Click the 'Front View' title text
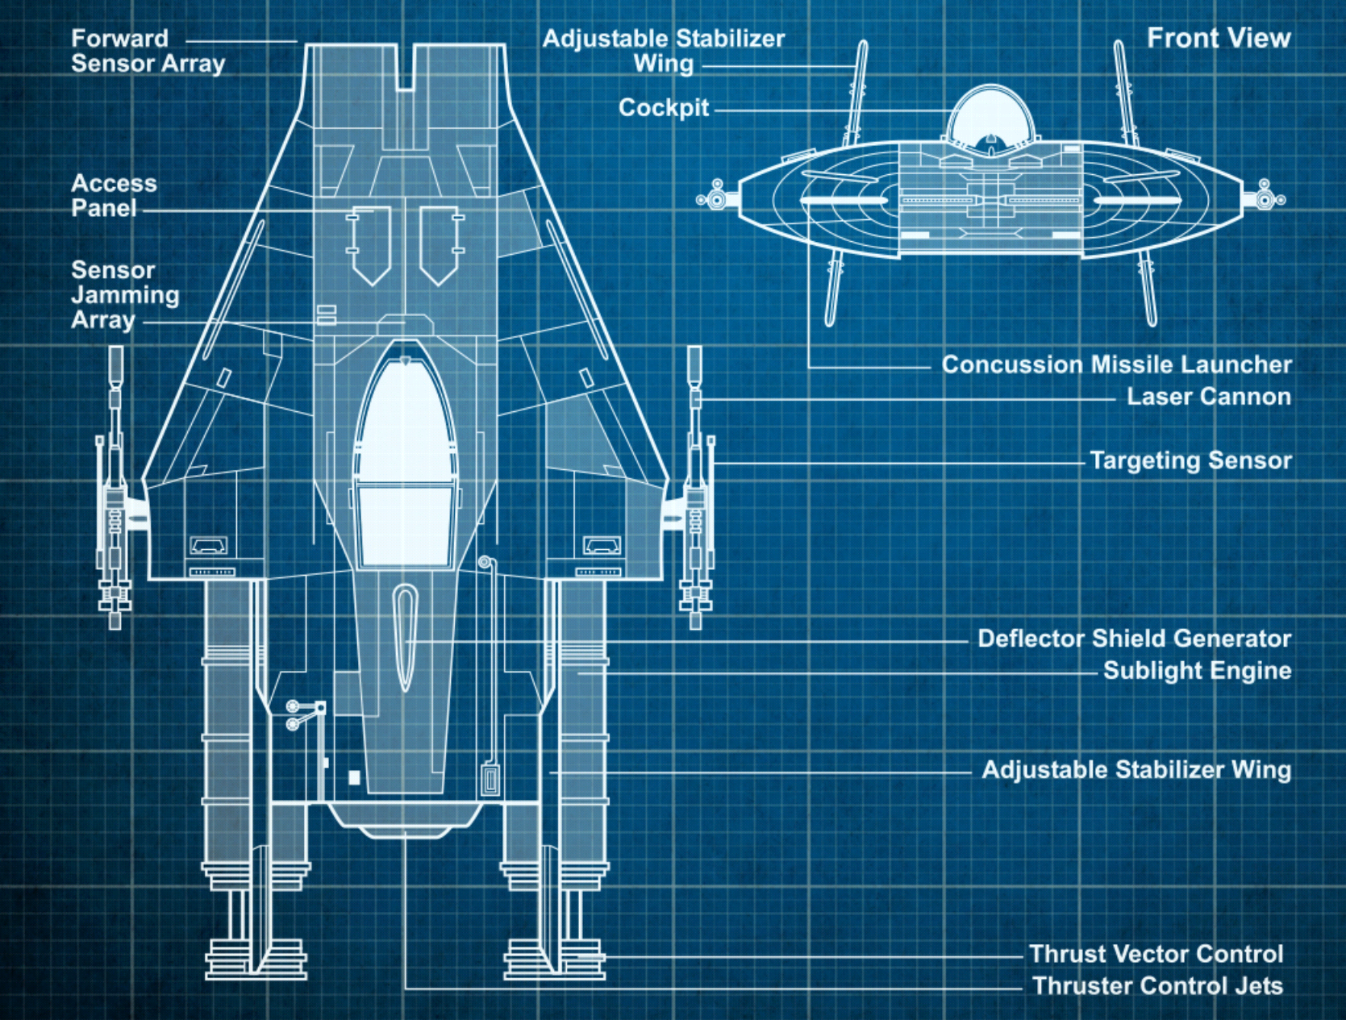click(x=1219, y=38)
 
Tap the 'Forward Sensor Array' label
click(x=148, y=51)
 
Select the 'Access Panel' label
click(x=114, y=196)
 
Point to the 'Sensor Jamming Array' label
click(x=125, y=295)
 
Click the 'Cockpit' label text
click(x=664, y=108)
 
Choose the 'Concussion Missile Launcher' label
click(x=1117, y=364)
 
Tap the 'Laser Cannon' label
click(x=1209, y=397)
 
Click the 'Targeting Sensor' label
click(x=1191, y=460)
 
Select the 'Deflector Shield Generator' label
click(x=1135, y=639)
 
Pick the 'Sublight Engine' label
click(x=1198, y=671)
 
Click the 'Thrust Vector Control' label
click(x=1156, y=954)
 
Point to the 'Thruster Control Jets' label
click(x=1158, y=985)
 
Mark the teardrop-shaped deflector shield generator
click(x=405, y=638)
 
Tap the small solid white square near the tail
click(x=354, y=778)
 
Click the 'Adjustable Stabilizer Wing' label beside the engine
click(x=1136, y=771)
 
